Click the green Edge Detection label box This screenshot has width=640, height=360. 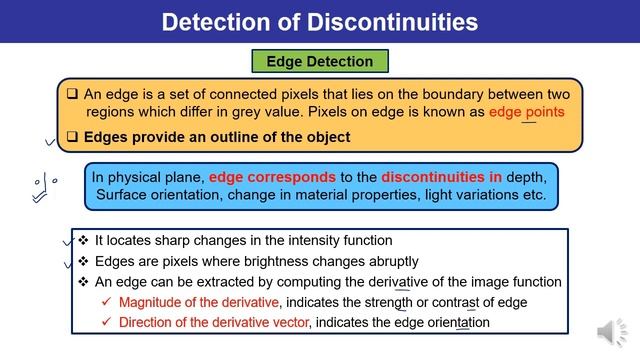pyautogui.click(x=319, y=61)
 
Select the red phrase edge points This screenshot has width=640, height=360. pyautogui.click(x=527, y=112)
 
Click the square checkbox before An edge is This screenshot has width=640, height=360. pyautogui.click(x=72, y=91)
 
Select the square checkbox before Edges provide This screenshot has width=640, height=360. pyautogui.click(x=72, y=136)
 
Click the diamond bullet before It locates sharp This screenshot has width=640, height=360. pyautogui.click(x=84, y=241)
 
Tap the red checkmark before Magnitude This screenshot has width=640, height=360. pyautogui.click(x=107, y=302)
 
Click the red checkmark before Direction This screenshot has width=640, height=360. pyautogui.click(x=107, y=323)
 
